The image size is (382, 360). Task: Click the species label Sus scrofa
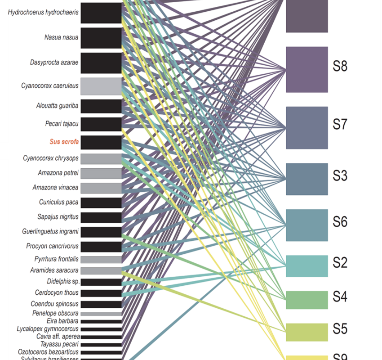(64, 142)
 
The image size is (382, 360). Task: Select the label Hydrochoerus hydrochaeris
(44, 13)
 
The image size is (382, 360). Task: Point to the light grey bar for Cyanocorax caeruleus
(101, 86)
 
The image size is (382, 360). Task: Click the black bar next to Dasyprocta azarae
(101, 63)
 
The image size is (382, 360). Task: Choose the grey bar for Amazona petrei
(101, 173)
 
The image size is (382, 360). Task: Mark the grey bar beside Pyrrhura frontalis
(101, 259)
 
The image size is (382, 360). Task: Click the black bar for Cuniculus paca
(101, 202)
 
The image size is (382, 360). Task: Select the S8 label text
(340, 67)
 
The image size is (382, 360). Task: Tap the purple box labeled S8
(307, 69)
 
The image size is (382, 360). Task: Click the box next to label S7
(307, 128)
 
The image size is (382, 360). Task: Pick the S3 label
(340, 175)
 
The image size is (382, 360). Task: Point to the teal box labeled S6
(307, 225)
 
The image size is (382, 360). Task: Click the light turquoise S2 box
(307, 266)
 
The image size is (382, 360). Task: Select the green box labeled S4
(307, 300)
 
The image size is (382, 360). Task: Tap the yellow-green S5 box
(307, 332)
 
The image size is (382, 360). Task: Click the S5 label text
(340, 329)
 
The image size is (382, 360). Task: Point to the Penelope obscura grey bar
(101, 314)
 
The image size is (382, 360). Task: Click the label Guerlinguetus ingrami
(50, 232)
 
